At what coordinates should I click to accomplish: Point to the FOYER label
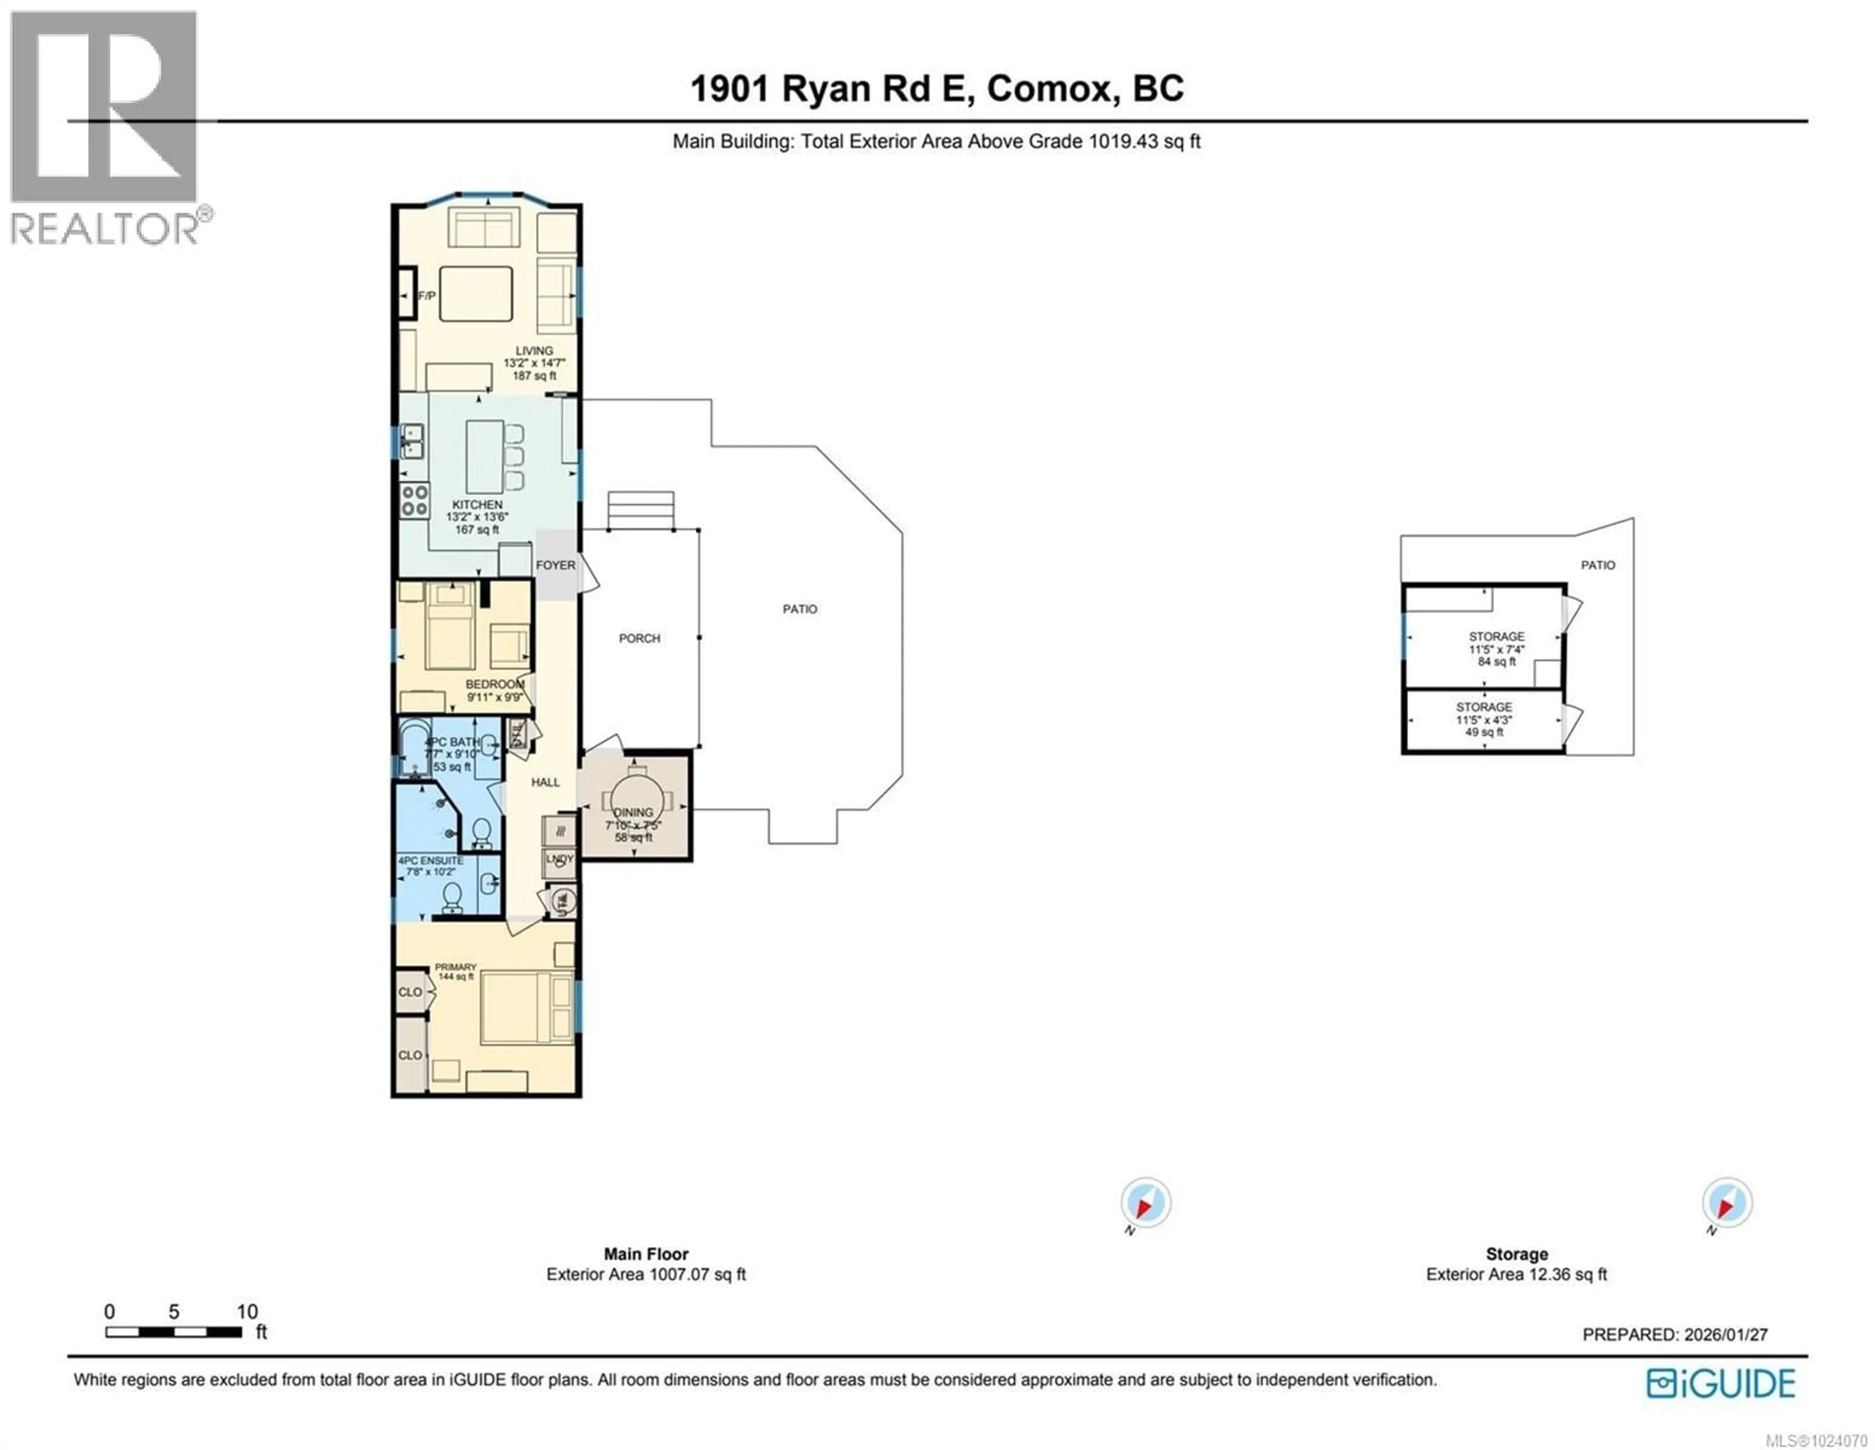click(x=556, y=565)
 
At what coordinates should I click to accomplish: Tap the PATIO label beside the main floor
click(x=799, y=609)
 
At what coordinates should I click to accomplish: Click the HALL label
click(x=545, y=782)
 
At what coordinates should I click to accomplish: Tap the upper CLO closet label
click(x=410, y=991)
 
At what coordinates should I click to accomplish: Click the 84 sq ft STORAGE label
click(x=1497, y=637)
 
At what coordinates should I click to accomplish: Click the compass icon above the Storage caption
click(x=1727, y=1203)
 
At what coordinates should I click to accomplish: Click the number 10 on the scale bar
click(x=247, y=1312)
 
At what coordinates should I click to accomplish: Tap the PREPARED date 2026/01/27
click(x=1726, y=1335)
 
